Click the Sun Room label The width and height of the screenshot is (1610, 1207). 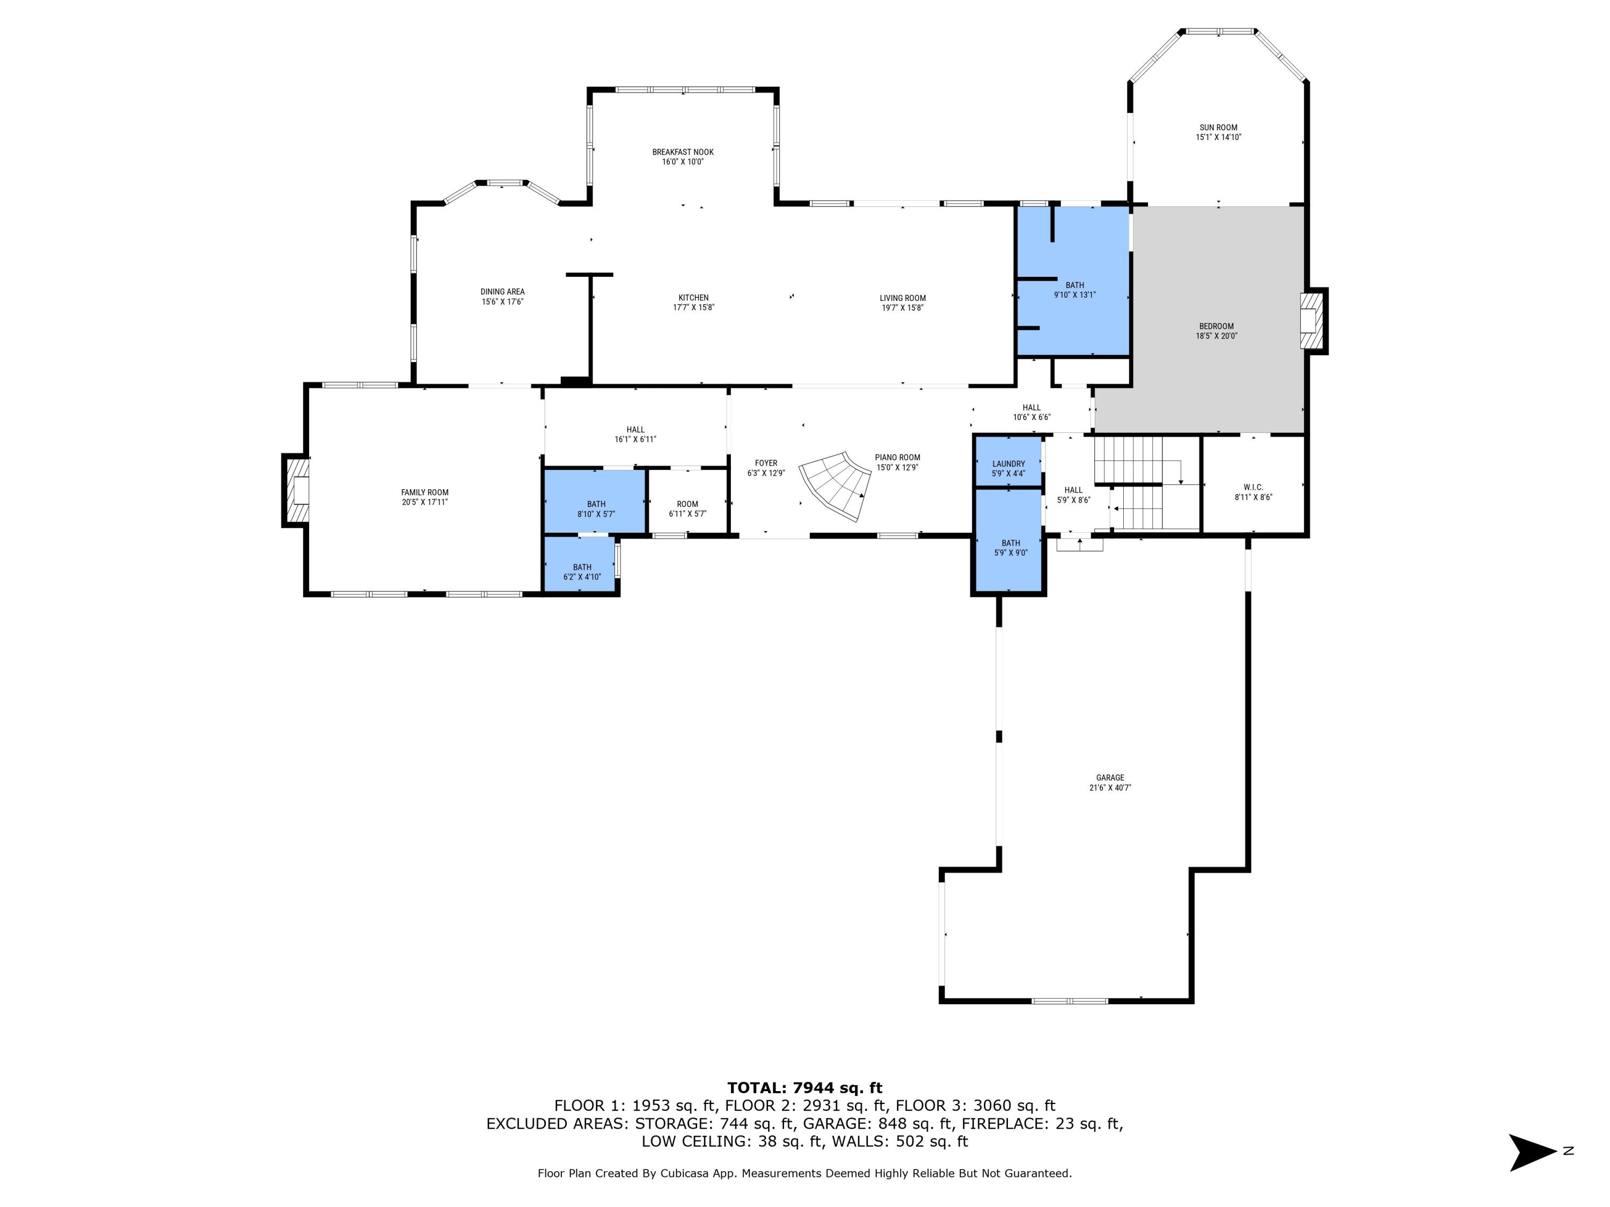(1218, 127)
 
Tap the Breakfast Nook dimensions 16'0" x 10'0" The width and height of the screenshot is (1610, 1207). (683, 161)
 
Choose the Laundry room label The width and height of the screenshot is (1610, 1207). (1008, 463)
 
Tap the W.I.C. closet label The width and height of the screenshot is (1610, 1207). (1253, 488)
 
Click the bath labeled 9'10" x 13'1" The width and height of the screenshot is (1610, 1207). (1074, 290)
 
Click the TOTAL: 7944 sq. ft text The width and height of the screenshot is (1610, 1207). (804, 1088)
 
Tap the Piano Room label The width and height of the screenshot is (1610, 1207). (897, 458)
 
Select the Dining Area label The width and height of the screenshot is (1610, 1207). (502, 292)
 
